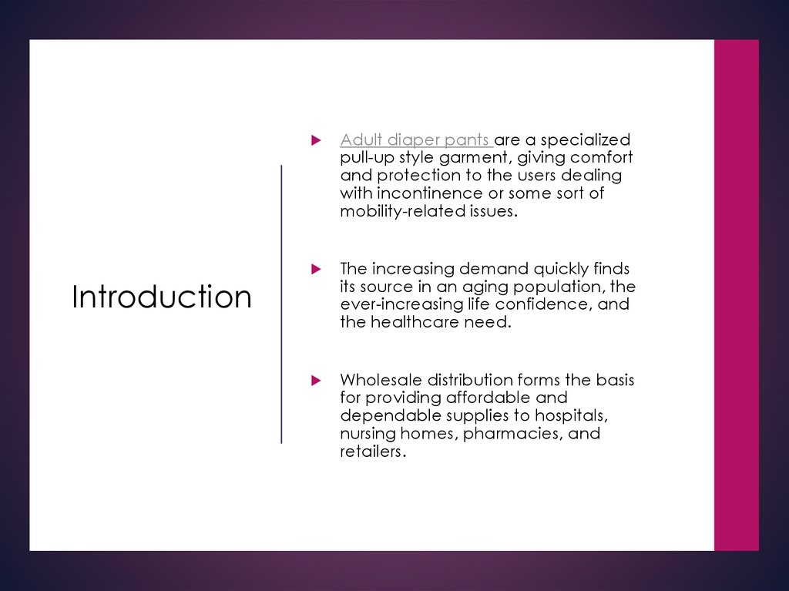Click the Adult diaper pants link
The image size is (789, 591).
click(x=415, y=140)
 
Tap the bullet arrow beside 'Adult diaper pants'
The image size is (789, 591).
click(x=314, y=140)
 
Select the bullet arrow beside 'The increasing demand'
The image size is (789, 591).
click(x=314, y=269)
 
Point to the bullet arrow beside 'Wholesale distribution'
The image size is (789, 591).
click(x=314, y=380)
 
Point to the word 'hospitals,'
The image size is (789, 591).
click(x=570, y=415)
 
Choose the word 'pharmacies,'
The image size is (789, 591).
click(x=513, y=433)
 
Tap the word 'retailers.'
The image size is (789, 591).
click(x=373, y=451)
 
